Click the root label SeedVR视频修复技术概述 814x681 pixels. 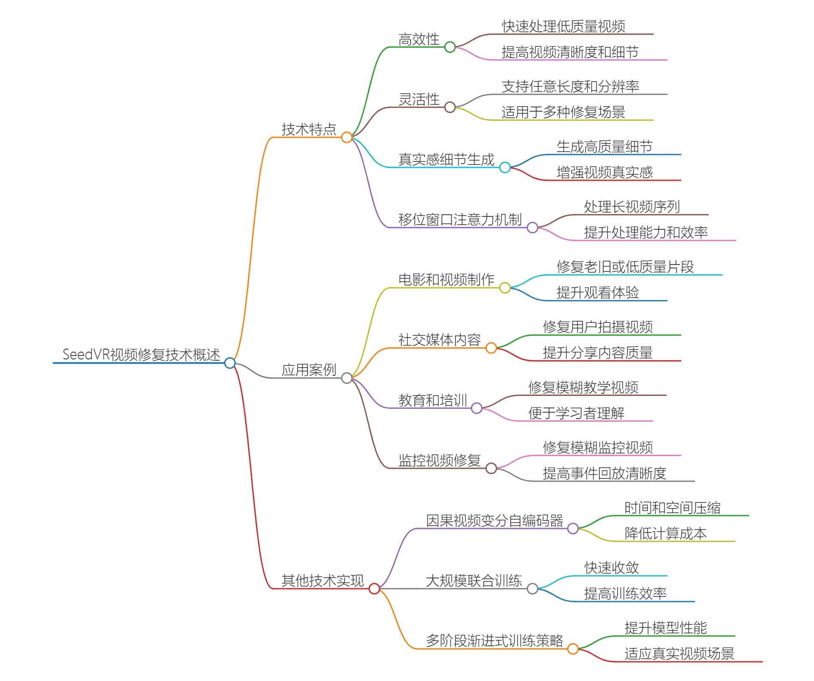click(x=141, y=355)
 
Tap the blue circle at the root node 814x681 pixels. click(x=230, y=363)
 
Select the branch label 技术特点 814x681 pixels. click(x=309, y=129)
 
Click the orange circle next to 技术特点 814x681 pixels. click(x=347, y=137)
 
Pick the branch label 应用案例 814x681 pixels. click(x=309, y=370)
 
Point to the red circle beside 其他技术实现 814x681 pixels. click(x=374, y=589)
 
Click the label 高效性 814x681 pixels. click(x=419, y=40)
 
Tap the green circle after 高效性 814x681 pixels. click(x=450, y=47)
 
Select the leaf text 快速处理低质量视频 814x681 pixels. click(x=563, y=27)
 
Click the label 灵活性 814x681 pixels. click(x=419, y=100)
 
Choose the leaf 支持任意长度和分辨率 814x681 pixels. click(x=570, y=87)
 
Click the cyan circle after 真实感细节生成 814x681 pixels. click(x=505, y=167)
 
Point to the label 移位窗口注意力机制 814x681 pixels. click(x=460, y=220)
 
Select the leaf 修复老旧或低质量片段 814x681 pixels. click(x=625, y=267)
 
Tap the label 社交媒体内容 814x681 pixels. click(x=439, y=340)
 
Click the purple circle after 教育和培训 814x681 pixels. click(x=477, y=408)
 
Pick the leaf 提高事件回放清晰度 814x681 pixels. click(x=604, y=473)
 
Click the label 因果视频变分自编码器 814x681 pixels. click(x=494, y=520)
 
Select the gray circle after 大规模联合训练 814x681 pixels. click(x=532, y=589)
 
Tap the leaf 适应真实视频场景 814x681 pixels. click(x=679, y=654)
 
